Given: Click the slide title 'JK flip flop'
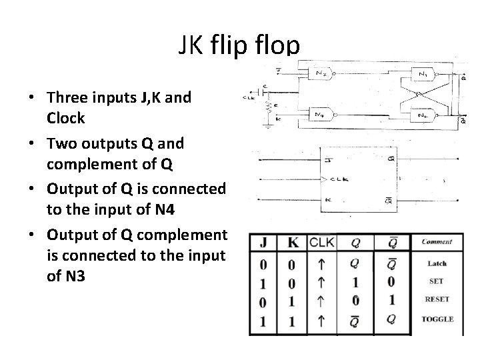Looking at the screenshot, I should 239,45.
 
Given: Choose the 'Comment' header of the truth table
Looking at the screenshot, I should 437,242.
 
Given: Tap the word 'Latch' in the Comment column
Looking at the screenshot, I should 437,264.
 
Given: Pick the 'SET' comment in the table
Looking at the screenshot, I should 437,281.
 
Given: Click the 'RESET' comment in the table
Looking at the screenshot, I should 437,299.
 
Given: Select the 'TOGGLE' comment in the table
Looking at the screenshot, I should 437,319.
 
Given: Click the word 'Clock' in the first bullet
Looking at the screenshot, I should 66,119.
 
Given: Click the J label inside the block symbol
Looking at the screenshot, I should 327,159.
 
